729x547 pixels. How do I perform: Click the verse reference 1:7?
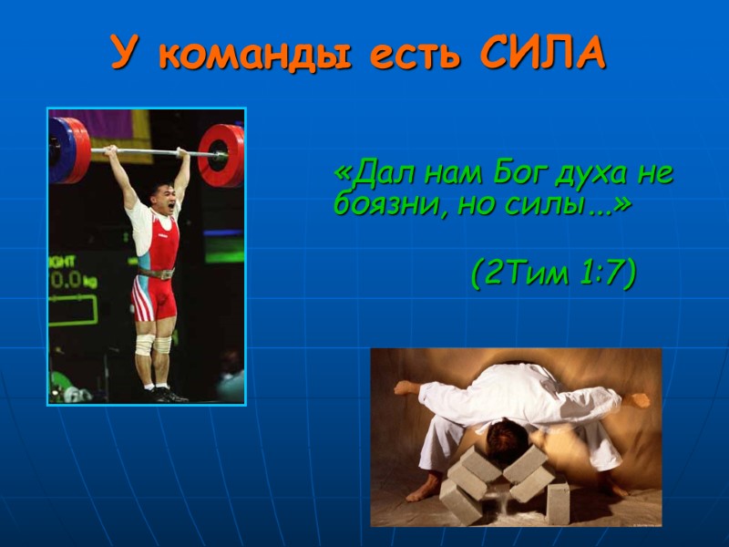604,273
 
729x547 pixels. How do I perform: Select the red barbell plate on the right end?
222,155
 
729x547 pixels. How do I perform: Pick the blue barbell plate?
60,150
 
